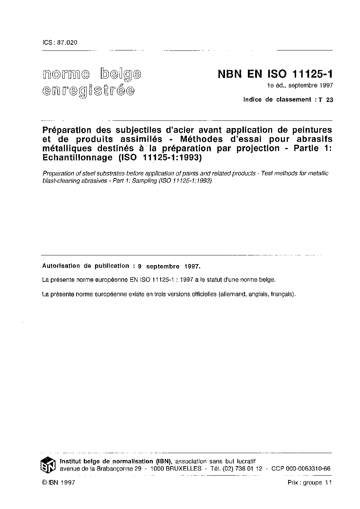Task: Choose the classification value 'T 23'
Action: tap(325, 100)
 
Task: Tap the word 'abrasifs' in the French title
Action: tap(313, 139)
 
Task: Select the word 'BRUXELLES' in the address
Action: tap(184, 468)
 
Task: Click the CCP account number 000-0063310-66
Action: tap(308, 468)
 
